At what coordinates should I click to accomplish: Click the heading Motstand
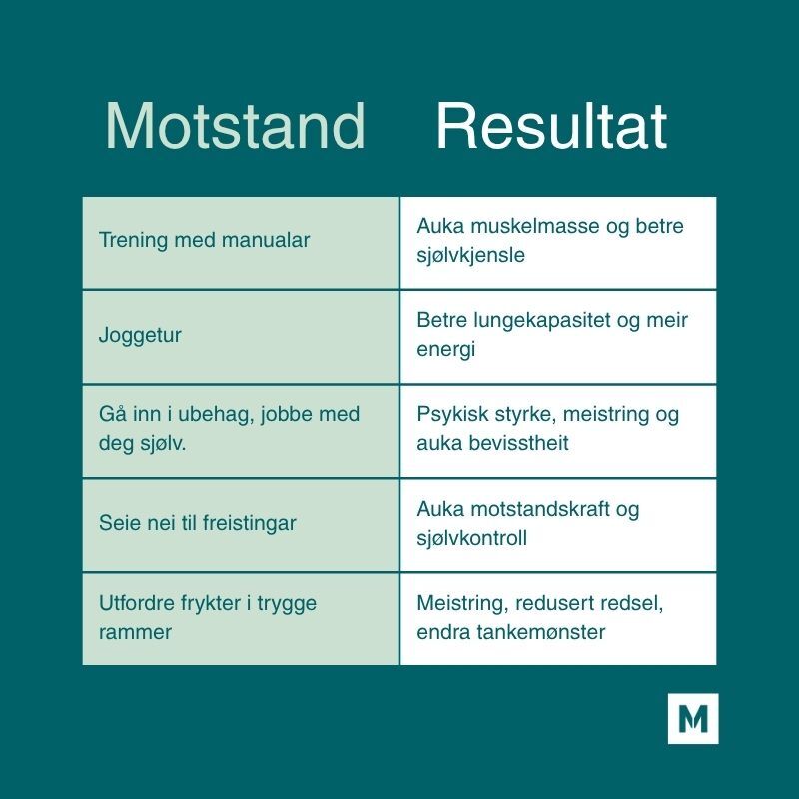pos(235,128)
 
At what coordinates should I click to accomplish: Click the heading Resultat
pos(550,128)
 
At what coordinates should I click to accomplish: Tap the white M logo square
pos(693,718)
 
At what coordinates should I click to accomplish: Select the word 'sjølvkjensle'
pos(471,255)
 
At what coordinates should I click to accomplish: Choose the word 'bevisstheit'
pos(512,443)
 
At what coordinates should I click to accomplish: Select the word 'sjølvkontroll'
pos(472,538)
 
